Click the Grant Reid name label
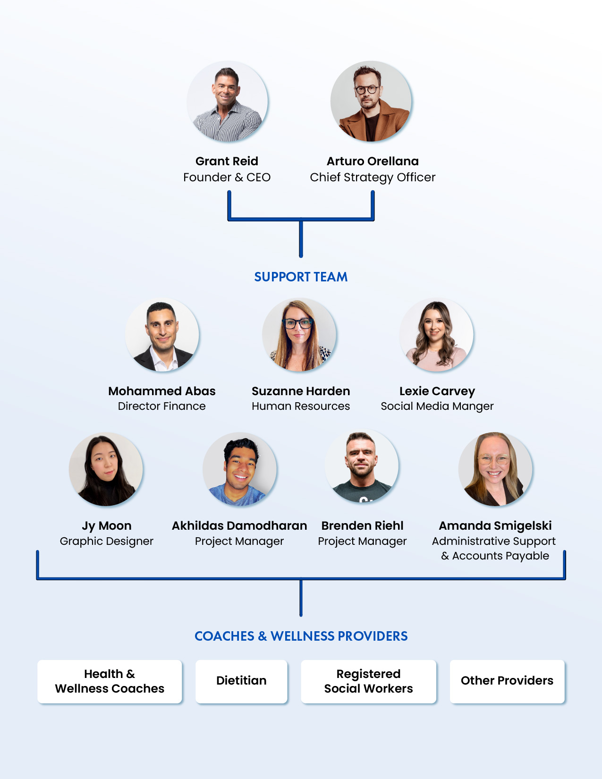[x=227, y=161]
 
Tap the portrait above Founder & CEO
[x=228, y=102]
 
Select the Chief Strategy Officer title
[x=373, y=178]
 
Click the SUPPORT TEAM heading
[x=301, y=277]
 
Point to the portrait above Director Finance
[x=162, y=335]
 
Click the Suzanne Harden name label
[x=301, y=391]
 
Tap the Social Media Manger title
[x=437, y=406]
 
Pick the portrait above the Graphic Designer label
[x=106, y=469]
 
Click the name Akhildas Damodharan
[x=239, y=526]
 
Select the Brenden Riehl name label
[x=362, y=526]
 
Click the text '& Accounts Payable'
[x=495, y=556]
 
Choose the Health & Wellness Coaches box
[x=110, y=681]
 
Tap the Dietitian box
[x=241, y=681]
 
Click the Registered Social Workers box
[x=368, y=681]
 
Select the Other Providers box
[x=507, y=681]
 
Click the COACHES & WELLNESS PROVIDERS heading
[x=301, y=636]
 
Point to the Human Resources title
[x=301, y=406]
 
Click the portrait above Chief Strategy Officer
[x=371, y=102]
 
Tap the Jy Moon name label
[x=107, y=526]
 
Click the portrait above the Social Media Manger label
[x=436, y=335]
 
